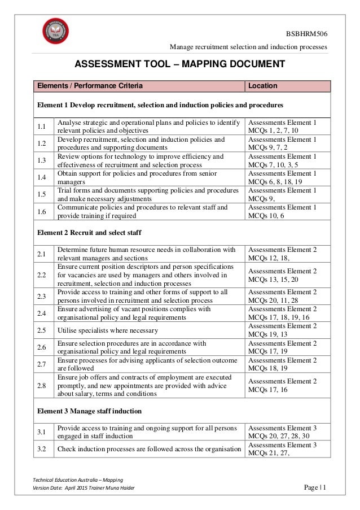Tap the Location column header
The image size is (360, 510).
(x=263, y=86)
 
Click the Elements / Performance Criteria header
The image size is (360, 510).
(x=90, y=86)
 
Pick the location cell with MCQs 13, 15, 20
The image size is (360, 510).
(x=282, y=275)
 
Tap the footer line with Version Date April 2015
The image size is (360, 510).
(x=85, y=488)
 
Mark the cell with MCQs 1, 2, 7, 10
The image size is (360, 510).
(x=282, y=126)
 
